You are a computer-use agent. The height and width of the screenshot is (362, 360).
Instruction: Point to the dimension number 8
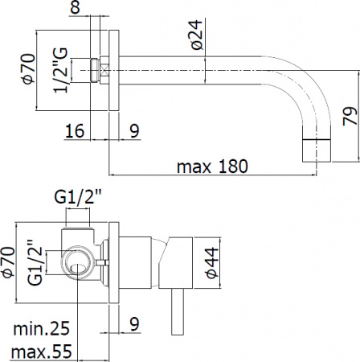97,8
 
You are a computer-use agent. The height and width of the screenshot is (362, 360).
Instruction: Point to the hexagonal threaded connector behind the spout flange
99,69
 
